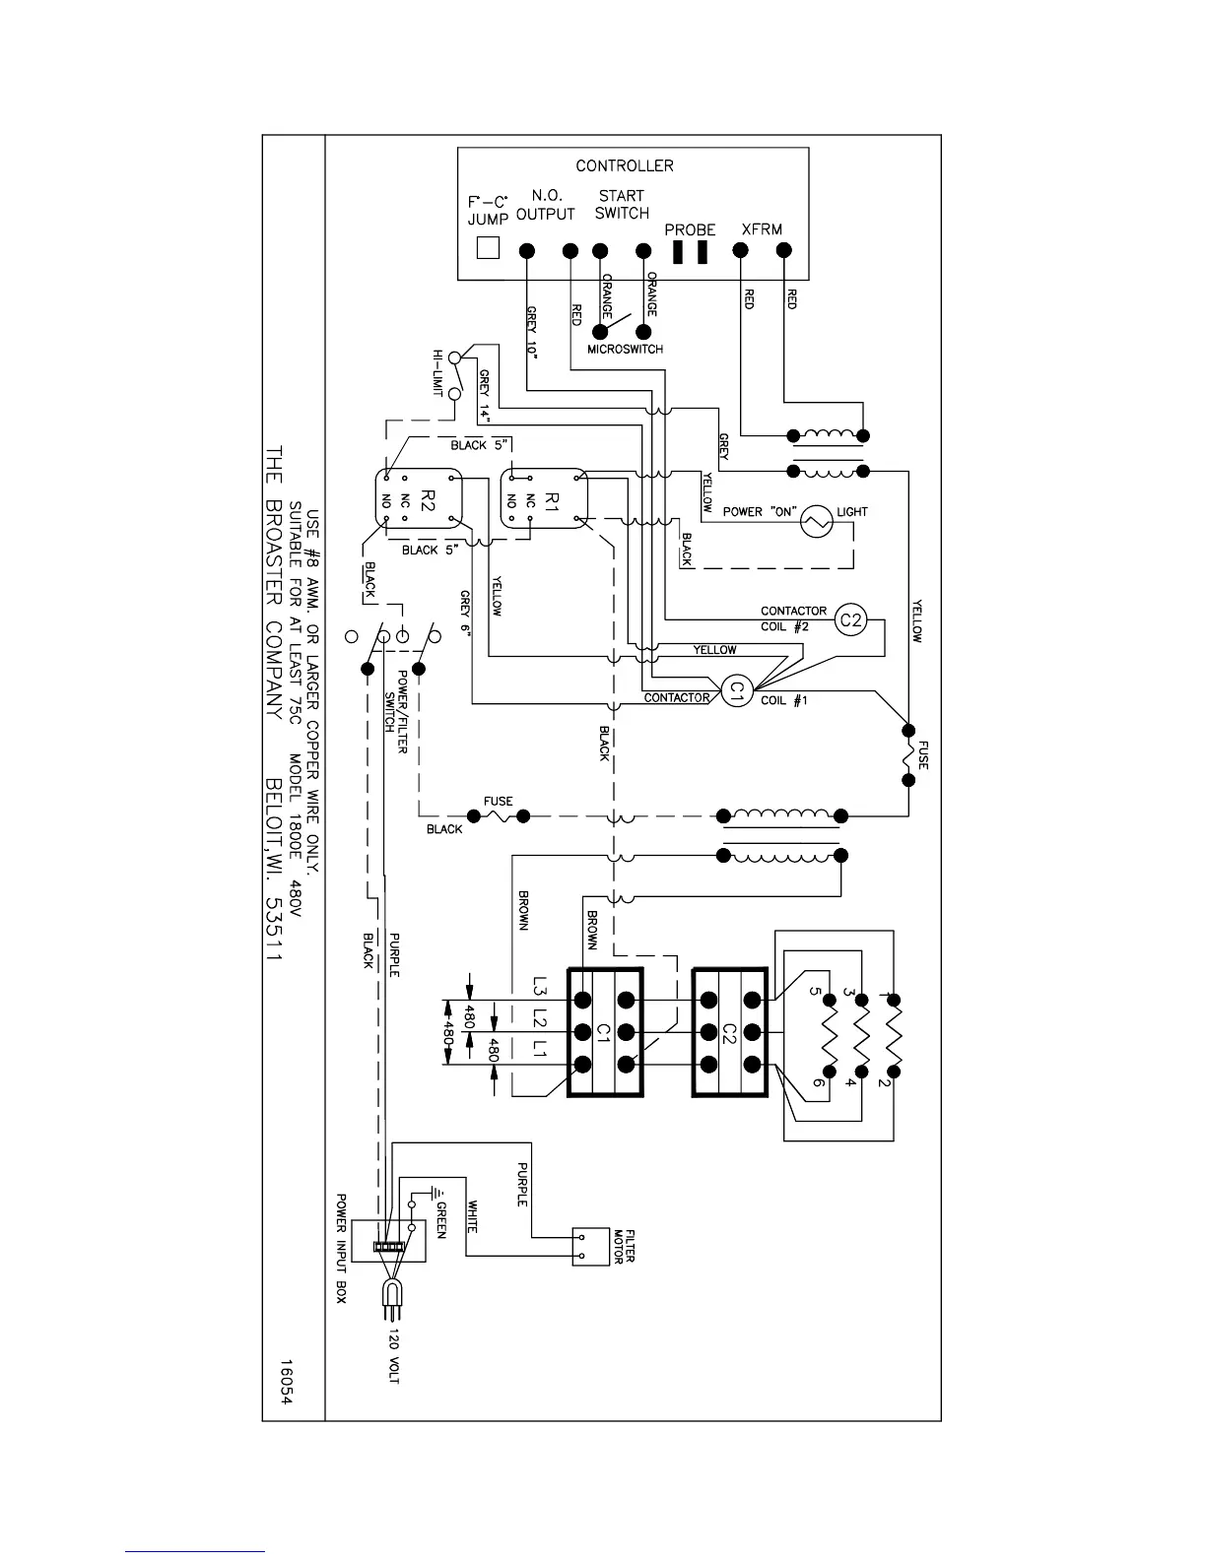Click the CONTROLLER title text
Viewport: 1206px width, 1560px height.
625,165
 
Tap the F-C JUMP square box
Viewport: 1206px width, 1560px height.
488,247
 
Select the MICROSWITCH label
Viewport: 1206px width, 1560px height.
626,350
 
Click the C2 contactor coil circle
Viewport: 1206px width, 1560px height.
850,619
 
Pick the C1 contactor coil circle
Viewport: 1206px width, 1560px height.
733,692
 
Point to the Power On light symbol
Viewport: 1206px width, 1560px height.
816,521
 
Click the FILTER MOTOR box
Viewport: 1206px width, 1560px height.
590,1246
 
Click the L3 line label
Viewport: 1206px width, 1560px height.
540,986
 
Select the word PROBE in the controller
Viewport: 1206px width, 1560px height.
690,229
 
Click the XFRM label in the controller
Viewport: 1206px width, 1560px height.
762,229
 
